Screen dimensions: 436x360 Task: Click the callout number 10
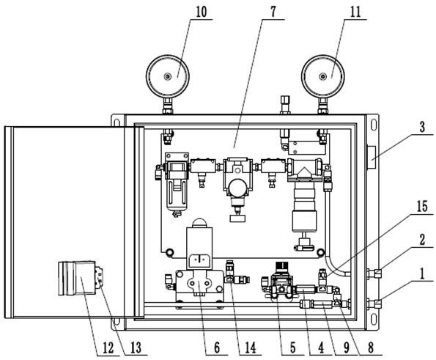click(x=202, y=12)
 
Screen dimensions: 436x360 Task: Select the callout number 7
click(x=273, y=12)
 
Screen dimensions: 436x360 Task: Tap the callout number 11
click(x=355, y=12)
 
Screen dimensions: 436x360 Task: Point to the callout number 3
click(x=422, y=127)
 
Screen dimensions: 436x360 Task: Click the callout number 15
click(x=422, y=207)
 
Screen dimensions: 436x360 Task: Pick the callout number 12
click(x=108, y=348)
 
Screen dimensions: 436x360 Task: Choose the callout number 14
click(x=251, y=348)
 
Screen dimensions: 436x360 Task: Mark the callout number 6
click(x=217, y=348)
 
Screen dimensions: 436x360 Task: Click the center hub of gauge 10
click(x=167, y=76)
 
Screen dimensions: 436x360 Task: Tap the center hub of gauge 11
click(x=322, y=76)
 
